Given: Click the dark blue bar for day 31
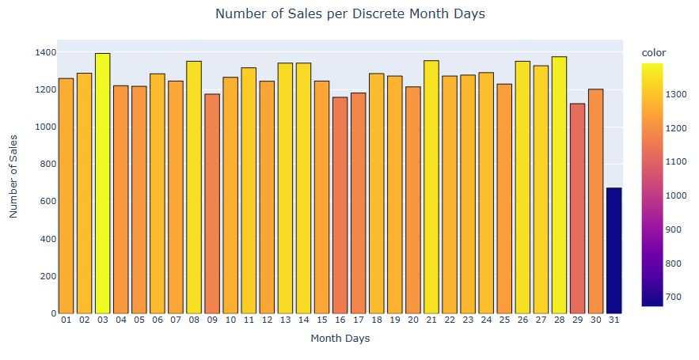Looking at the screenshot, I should (614, 250).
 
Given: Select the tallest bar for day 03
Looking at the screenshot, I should (102, 183).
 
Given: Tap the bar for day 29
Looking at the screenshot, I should (578, 208).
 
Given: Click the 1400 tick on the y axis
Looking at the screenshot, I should (45, 52).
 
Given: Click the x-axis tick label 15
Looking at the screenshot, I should (321, 320).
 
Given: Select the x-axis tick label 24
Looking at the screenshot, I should (486, 320).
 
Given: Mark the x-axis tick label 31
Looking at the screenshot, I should (614, 320).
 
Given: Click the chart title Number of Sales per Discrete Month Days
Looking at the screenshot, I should (349, 14).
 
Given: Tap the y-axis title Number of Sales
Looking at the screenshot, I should (13, 175).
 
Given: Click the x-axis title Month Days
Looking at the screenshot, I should (340, 339).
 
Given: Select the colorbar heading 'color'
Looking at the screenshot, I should (653, 51).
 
